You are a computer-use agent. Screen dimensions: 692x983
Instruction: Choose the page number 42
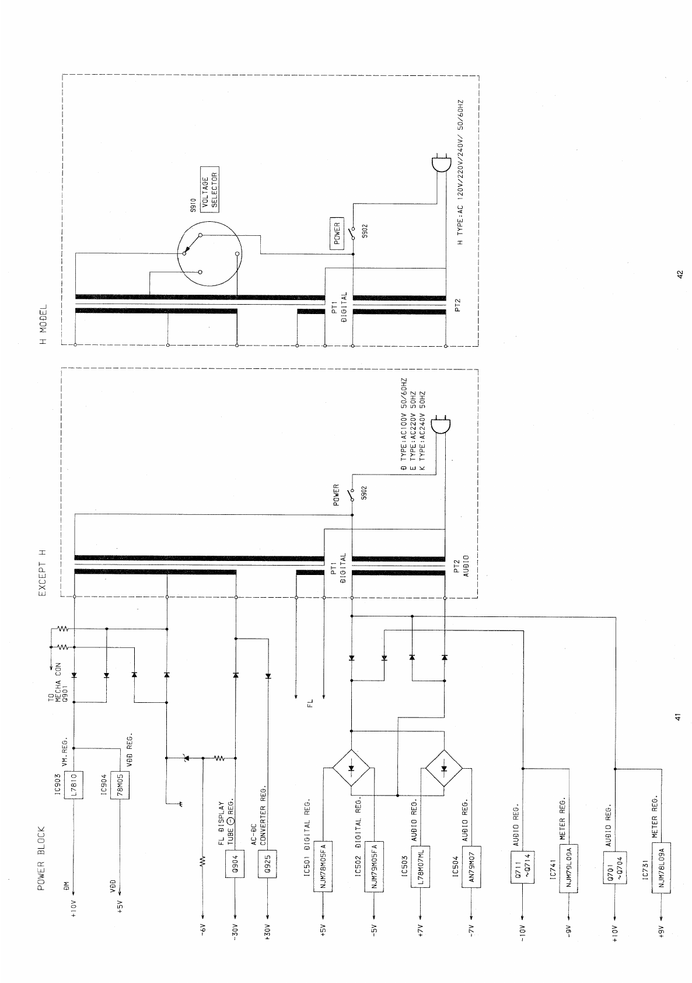[679, 274]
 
